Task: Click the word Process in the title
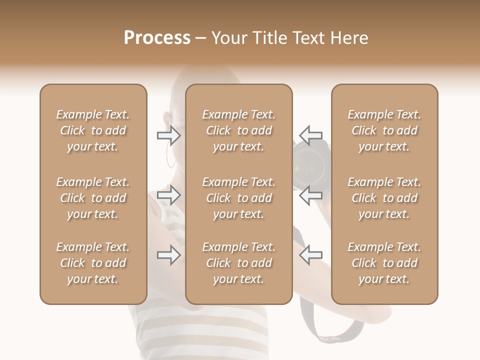(x=157, y=38)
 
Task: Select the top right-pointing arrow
(x=169, y=135)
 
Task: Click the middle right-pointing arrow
(x=169, y=195)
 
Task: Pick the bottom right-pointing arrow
(x=169, y=255)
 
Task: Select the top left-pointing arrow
(x=310, y=135)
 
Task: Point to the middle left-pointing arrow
(x=310, y=195)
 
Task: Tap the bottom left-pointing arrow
(x=310, y=255)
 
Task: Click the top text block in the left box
(x=93, y=130)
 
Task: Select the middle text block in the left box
(x=93, y=198)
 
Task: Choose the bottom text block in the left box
(x=93, y=263)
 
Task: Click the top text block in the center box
(x=238, y=130)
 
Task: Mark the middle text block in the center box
(x=238, y=198)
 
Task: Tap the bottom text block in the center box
(x=238, y=263)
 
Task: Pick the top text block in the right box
(x=384, y=130)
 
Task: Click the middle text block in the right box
(x=384, y=198)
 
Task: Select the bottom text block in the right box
(x=384, y=263)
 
